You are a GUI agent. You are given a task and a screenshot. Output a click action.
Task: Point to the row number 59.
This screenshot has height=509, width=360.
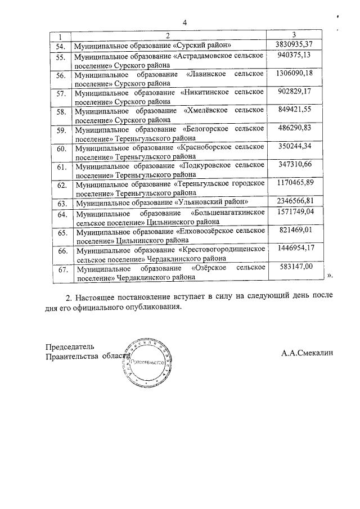(62, 131)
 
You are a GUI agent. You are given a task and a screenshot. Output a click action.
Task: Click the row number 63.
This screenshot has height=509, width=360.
(62, 202)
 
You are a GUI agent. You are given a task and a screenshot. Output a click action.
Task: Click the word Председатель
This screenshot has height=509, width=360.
(70, 346)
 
